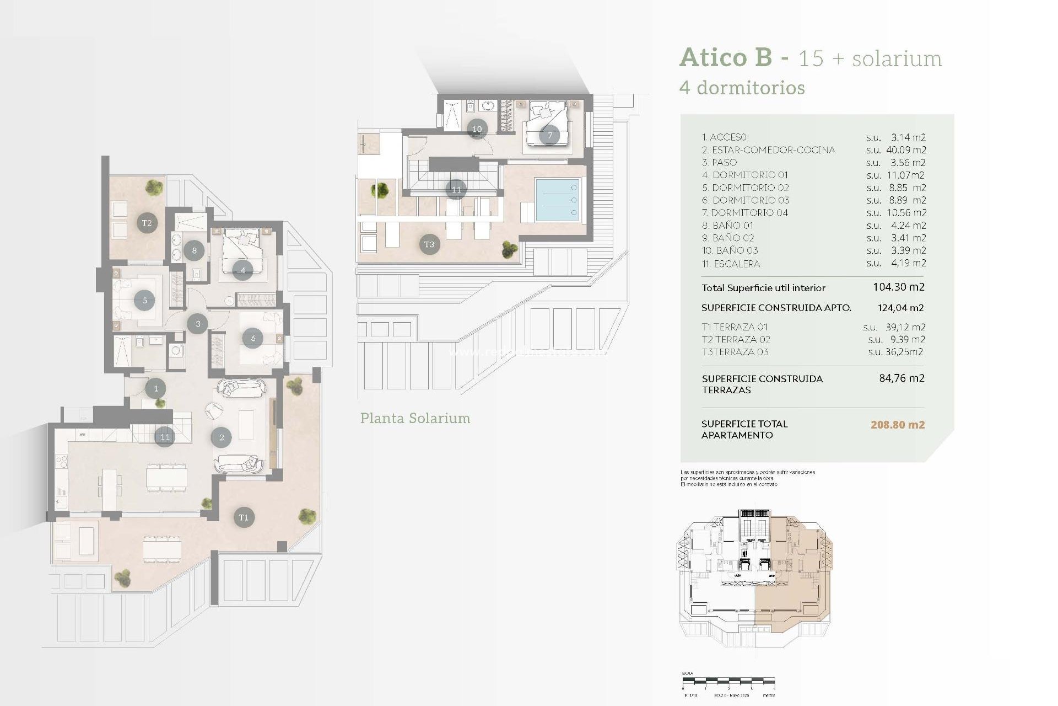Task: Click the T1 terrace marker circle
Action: pyautogui.click(x=244, y=517)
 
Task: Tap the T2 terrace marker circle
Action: pyautogui.click(x=147, y=223)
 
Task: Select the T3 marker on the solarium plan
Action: pyautogui.click(x=429, y=244)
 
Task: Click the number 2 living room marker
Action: pyautogui.click(x=222, y=437)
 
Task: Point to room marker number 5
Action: pyautogui.click(x=145, y=301)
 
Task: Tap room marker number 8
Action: pyautogui.click(x=194, y=250)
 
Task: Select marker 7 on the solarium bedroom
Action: pyautogui.click(x=549, y=135)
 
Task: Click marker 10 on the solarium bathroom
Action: pyautogui.click(x=477, y=129)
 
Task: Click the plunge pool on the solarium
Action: pyautogui.click(x=558, y=200)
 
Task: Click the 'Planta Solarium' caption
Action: pyautogui.click(x=415, y=418)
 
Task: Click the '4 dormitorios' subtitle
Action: pyautogui.click(x=742, y=88)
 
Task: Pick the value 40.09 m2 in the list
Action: pyautogui.click(x=906, y=150)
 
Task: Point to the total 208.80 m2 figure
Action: pyautogui.click(x=897, y=425)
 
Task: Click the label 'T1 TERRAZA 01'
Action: pyautogui.click(x=734, y=327)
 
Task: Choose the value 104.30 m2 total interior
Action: pyautogui.click(x=898, y=287)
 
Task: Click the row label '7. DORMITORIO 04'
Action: pyautogui.click(x=744, y=213)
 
